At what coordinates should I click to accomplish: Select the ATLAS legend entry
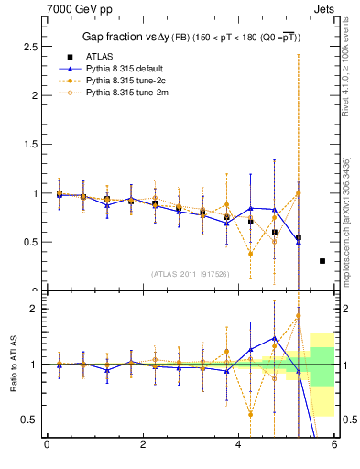coord(98,56)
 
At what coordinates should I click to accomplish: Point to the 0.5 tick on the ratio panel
coord(29,420)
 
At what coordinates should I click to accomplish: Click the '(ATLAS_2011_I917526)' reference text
coord(190,274)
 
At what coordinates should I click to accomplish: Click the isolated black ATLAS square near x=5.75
coord(322,261)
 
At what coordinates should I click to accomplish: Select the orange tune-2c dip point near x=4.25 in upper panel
coord(250,254)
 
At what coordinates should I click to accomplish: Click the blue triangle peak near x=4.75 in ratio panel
coord(274,337)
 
